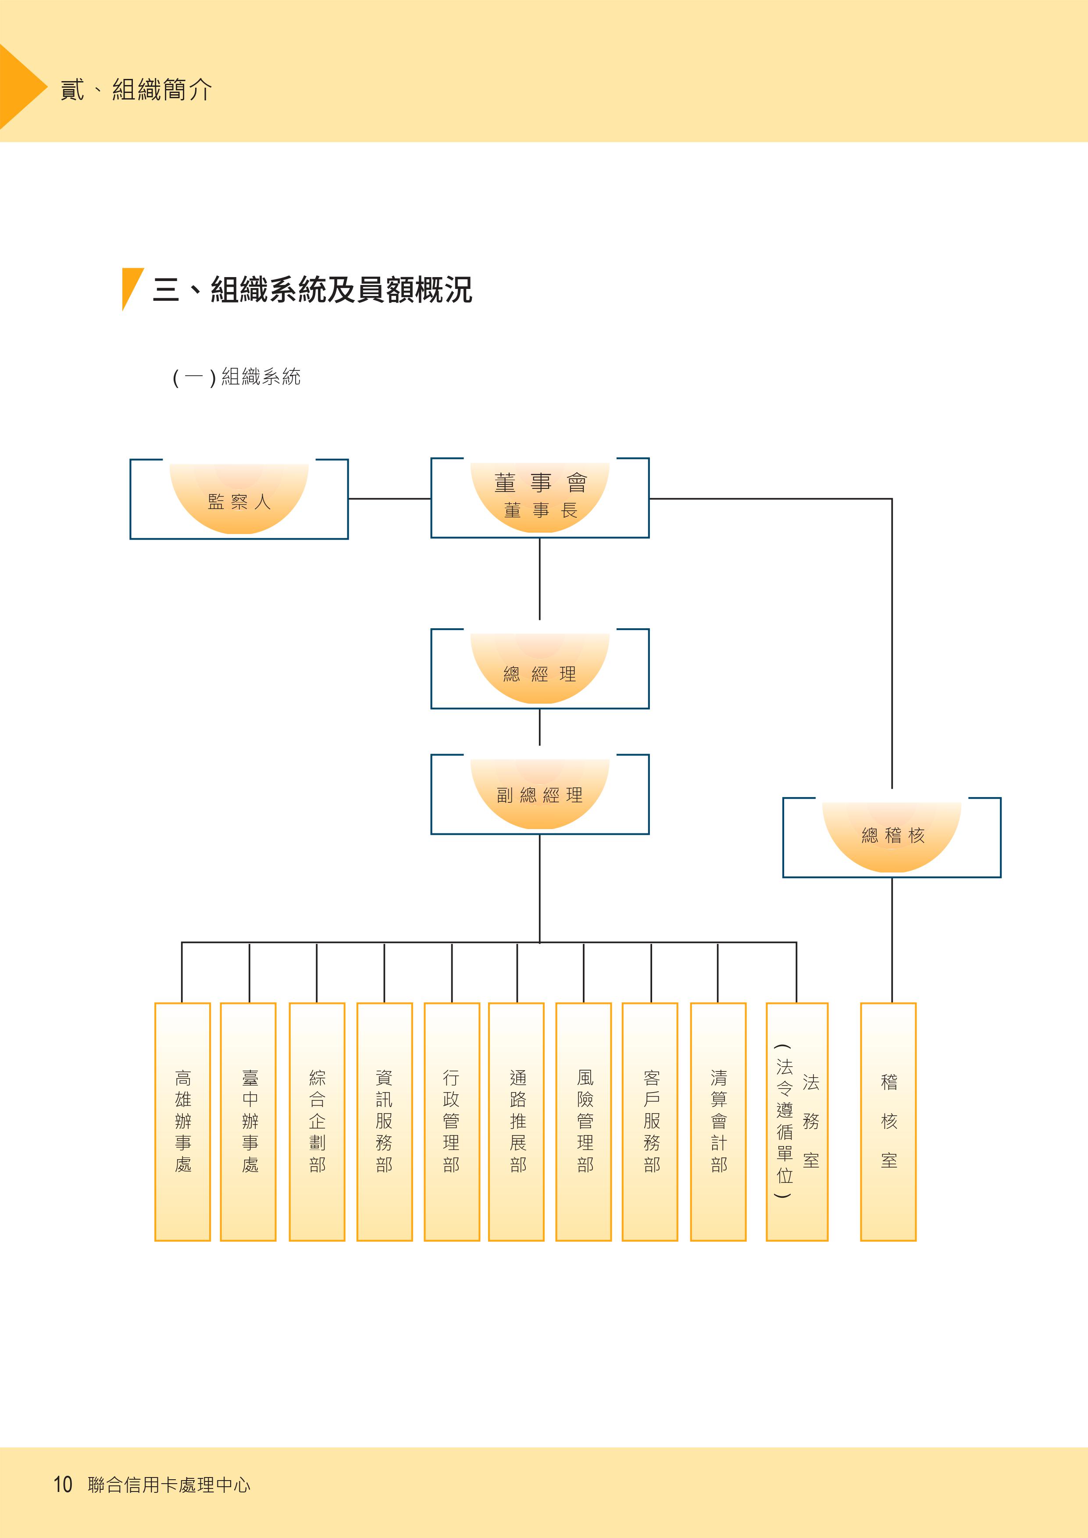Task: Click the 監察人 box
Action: pyautogui.click(x=239, y=499)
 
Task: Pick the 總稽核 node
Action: pyautogui.click(x=892, y=837)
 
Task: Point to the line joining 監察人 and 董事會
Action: pyautogui.click(x=389, y=498)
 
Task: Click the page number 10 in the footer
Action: pyautogui.click(x=63, y=1485)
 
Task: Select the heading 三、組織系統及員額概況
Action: pyautogui.click(x=311, y=290)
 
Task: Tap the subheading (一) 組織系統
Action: pyautogui.click(x=236, y=377)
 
